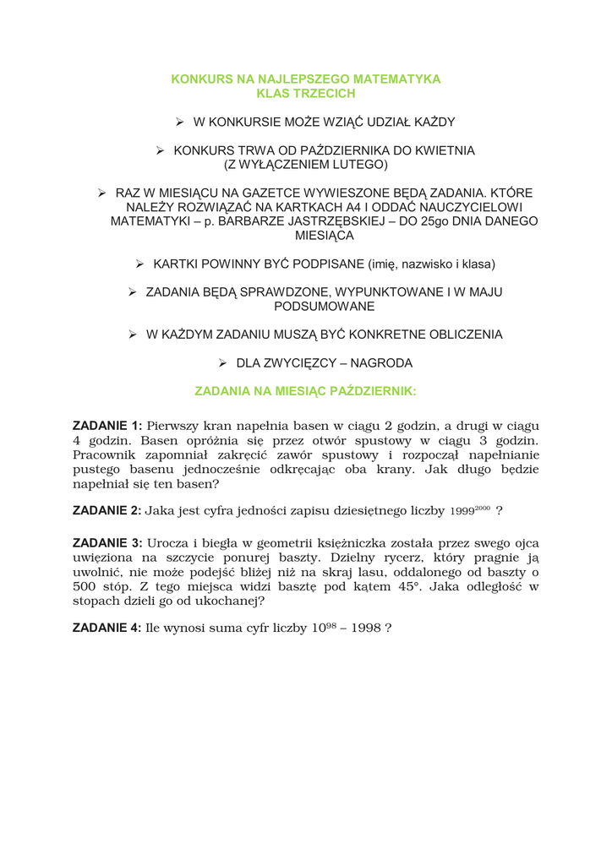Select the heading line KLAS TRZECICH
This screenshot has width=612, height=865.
(x=306, y=94)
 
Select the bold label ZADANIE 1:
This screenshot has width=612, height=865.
(x=107, y=426)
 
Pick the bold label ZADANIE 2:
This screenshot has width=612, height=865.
(x=107, y=510)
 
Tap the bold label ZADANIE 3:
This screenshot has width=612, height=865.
(x=107, y=543)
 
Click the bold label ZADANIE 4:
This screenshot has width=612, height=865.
(x=107, y=628)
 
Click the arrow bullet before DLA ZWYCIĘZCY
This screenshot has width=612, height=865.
(x=223, y=363)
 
